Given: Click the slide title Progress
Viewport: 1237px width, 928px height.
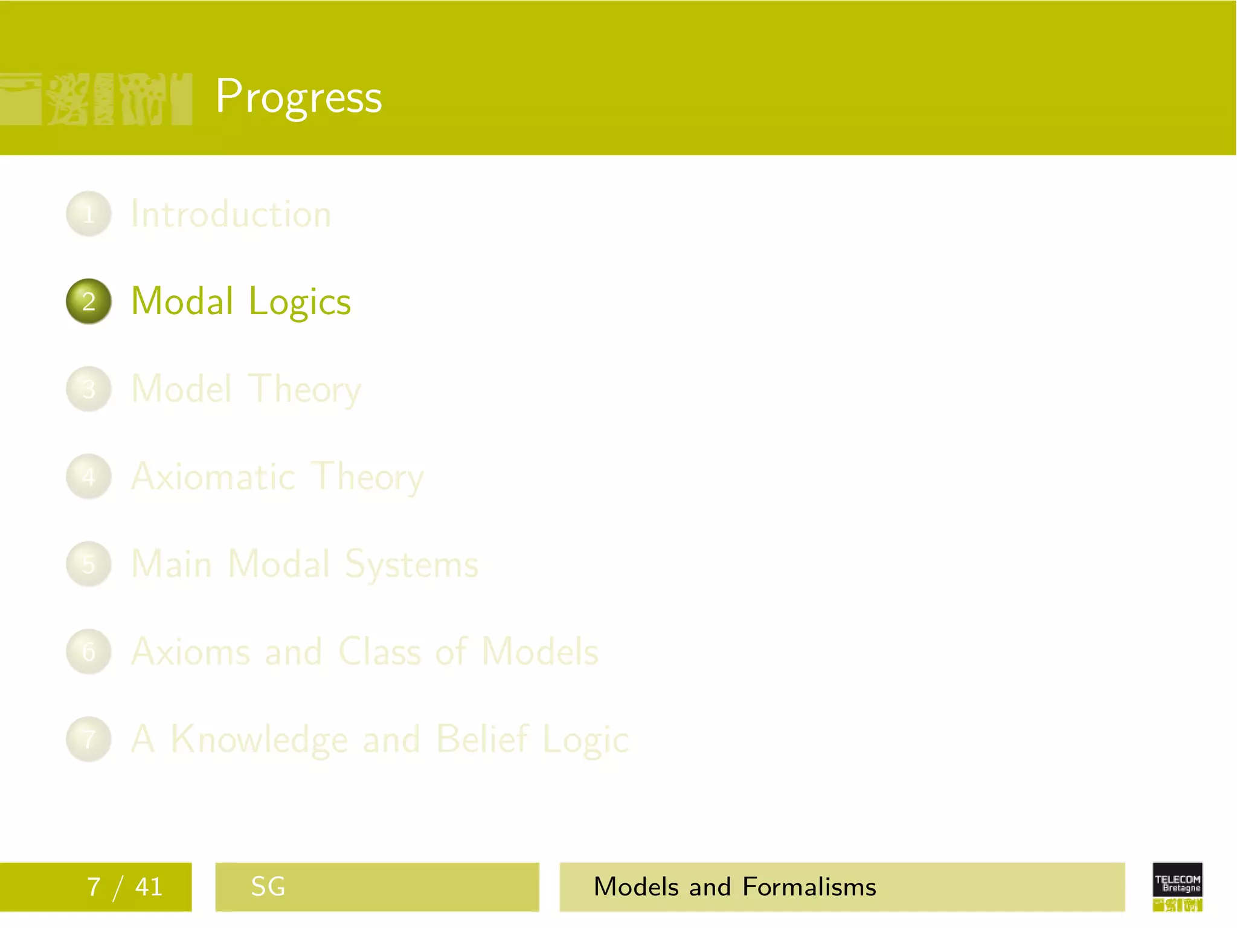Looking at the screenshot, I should [298, 97].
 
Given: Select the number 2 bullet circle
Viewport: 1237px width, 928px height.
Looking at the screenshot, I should [89, 301].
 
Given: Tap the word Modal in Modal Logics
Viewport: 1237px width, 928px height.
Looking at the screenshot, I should [182, 301].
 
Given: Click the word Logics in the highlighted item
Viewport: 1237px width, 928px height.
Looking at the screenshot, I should [300, 302].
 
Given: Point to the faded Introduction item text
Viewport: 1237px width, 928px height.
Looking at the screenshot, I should [231, 214].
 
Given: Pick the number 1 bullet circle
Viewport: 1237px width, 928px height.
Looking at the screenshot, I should [89, 214].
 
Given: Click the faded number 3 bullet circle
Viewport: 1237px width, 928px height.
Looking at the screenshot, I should [89, 389].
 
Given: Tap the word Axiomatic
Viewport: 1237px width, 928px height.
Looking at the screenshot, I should [213, 477].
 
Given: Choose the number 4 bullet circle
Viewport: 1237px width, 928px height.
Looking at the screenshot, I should [89, 477].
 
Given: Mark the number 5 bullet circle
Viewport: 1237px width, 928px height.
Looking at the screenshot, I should [89, 564].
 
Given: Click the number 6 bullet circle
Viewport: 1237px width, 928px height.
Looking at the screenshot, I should [89, 652].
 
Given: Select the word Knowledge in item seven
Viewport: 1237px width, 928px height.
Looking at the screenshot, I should [260, 739].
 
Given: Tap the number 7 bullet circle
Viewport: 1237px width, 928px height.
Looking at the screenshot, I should [89, 739].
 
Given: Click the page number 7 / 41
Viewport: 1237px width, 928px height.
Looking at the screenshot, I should [125, 887].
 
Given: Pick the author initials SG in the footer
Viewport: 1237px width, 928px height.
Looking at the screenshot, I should [268, 887].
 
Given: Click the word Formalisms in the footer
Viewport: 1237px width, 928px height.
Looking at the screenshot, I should [809, 887].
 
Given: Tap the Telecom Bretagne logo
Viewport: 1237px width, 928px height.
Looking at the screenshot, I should [1177, 887].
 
